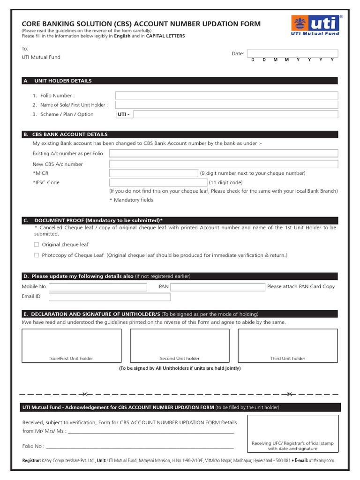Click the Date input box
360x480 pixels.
[292, 53]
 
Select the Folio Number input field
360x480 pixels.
[226, 95]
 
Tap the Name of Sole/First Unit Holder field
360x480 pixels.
[226, 105]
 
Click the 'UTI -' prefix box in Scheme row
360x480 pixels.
[125, 114]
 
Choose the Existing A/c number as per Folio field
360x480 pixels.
[224, 153]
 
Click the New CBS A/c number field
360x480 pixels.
[224, 164]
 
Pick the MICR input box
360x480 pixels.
[154, 173]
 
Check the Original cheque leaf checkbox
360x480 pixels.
[37, 245]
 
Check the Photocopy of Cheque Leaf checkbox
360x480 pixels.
[37, 255]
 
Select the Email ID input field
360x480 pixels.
[109, 297]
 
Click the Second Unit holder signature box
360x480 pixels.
[180, 346]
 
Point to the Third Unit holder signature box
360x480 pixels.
[287, 346]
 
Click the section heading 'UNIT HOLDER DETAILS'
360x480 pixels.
[63, 81]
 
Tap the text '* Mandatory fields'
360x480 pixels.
[131, 200]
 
